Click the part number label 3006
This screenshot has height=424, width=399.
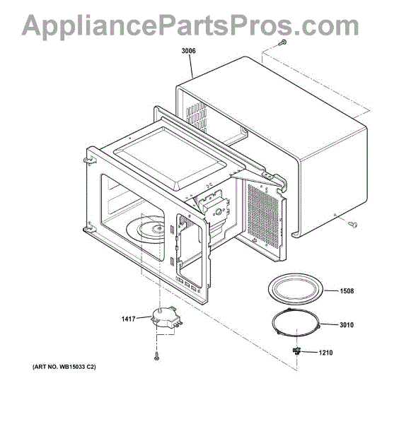pyautogui.click(x=188, y=51)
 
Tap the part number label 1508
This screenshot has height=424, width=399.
pyautogui.click(x=347, y=291)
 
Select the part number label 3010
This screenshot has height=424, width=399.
pyautogui.click(x=347, y=325)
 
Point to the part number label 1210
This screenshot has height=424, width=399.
pyautogui.click(x=325, y=353)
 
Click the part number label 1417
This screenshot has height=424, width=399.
pyautogui.click(x=128, y=319)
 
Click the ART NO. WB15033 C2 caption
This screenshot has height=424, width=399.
pyautogui.click(x=64, y=367)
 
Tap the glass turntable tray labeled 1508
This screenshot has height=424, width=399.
pyautogui.click(x=296, y=289)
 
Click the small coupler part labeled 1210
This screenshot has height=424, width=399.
pyautogui.click(x=297, y=351)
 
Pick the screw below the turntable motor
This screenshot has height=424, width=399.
pyautogui.click(x=156, y=356)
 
